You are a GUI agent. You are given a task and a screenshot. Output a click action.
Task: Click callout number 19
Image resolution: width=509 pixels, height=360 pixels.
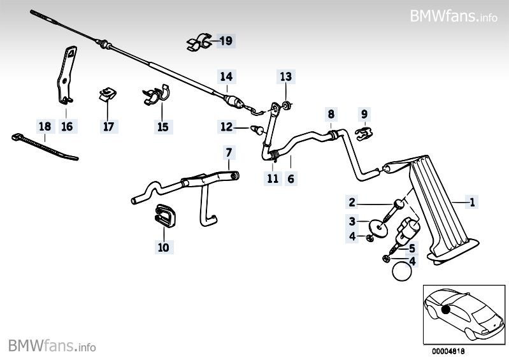226,41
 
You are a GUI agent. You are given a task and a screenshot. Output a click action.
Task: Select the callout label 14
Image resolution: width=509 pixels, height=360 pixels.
226,77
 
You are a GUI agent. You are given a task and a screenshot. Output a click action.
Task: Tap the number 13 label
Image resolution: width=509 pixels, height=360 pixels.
285,77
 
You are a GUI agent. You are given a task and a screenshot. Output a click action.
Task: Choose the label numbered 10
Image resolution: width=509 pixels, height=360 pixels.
163,247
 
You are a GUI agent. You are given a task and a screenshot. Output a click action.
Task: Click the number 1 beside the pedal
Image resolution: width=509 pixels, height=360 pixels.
472,203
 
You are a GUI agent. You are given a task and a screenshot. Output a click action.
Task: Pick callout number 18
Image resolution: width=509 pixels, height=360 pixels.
44,126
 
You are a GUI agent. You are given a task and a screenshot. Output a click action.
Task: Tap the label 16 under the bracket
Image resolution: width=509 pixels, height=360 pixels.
67,126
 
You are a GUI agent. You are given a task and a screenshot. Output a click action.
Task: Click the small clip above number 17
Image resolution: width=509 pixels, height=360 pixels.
107,95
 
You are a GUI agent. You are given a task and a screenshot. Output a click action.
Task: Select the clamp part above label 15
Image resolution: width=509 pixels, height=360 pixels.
157,96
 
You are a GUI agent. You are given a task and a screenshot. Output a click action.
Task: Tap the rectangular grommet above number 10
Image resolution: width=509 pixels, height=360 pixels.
166,215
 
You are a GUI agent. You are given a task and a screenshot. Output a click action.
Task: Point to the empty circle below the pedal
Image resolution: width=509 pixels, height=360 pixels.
403,272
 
